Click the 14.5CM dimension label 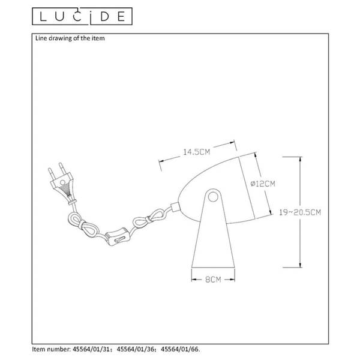(197, 152)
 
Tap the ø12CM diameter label (263, 184)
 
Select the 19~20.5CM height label (300, 212)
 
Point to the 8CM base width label (213, 280)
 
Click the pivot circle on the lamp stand (213, 197)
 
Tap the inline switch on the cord (116, 236)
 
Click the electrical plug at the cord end (62, 183)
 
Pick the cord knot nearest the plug (83, 224)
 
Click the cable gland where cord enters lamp (175, 206)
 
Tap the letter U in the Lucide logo (59, 17)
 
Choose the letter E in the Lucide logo (121, 17)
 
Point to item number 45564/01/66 (180, 349)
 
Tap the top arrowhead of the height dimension (300, 159)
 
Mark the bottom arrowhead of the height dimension (300, 265)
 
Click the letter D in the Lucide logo (104, 17)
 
